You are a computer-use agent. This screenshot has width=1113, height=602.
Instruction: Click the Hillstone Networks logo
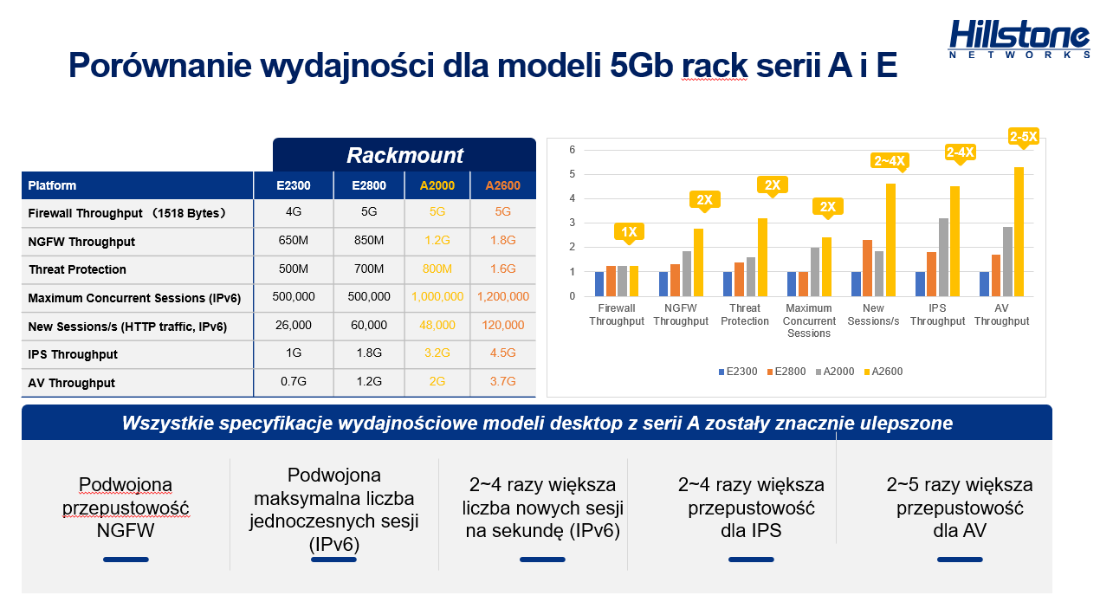point(1019,39)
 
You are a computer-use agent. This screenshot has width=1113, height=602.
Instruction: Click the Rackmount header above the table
point(404,155)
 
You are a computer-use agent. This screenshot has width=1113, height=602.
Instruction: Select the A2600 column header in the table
point(502,185)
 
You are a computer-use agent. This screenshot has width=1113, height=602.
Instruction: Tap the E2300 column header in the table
point(293,185)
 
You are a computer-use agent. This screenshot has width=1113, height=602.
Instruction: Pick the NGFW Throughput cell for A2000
point(437,241)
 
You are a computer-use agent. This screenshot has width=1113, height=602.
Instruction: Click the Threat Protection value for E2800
point(369,269)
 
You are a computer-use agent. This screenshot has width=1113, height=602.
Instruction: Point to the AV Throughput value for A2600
point(502,381)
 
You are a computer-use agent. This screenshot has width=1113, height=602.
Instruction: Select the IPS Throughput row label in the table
point(73,354)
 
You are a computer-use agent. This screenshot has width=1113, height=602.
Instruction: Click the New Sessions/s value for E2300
point(293,326)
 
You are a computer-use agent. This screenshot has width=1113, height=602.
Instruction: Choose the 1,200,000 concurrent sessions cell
point(503,296)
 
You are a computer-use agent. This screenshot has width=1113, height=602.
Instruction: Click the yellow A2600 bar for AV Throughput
point(1019,231)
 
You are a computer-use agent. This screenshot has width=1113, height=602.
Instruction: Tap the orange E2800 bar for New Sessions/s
point(868,269)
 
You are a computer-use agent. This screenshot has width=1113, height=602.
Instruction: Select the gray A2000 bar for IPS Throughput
point(943,257)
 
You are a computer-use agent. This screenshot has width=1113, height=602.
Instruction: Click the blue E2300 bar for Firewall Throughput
point(599,284)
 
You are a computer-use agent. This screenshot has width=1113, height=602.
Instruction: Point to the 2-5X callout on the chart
point(1023,137)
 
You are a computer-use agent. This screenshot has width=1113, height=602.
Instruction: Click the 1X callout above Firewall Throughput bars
point(629,232)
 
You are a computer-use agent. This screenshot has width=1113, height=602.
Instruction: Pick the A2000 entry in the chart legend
point(835,372)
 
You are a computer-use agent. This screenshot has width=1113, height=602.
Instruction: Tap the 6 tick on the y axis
point(573,150)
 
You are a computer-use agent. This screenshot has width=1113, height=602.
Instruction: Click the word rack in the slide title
point(715,65)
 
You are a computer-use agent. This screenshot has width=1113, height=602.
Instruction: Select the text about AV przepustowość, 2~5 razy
point(960,508)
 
